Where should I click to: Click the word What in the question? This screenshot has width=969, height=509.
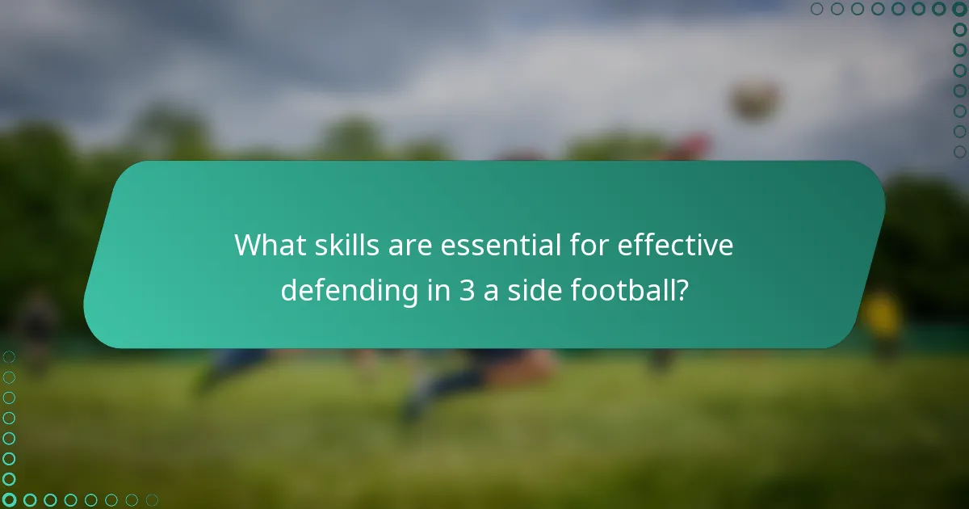266,246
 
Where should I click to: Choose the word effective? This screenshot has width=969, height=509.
675,246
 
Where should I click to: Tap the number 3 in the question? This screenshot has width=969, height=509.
467,290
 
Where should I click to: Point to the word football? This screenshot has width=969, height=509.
621,290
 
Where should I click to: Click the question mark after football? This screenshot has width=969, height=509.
682,290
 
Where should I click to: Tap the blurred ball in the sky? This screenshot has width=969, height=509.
755,101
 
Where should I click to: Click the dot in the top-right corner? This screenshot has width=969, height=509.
959,9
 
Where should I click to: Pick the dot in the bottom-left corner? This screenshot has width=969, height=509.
9,500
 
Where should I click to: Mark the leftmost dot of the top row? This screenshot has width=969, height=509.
817,9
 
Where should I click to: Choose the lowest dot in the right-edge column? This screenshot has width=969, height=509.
959,151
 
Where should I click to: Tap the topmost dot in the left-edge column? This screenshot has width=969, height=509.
9,357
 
